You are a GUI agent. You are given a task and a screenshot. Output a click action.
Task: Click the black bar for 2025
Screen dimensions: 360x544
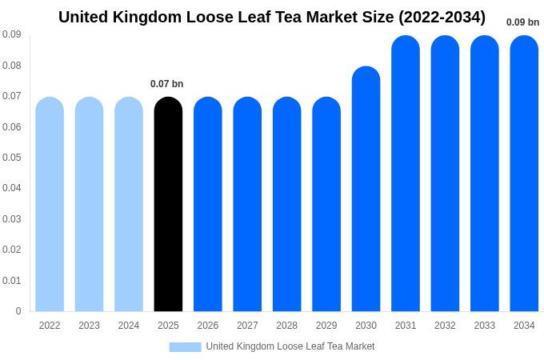168,204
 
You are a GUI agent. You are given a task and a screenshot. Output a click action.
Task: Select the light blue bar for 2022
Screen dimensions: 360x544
50,204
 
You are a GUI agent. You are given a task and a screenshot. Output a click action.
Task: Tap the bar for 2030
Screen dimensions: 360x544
366,189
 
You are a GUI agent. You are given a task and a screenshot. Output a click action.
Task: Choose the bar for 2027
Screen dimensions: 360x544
247,204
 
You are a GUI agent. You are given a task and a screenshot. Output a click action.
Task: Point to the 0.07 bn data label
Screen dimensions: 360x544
166,84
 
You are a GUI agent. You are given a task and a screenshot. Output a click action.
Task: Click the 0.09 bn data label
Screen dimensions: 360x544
522,22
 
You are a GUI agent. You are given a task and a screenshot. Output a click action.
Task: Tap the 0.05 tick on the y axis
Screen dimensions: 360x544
12,158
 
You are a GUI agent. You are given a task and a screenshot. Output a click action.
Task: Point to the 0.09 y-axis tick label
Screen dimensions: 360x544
12,34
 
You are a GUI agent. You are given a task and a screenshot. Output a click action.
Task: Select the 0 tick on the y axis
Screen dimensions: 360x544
18,311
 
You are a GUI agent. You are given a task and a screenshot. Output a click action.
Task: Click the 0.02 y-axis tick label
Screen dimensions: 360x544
12,250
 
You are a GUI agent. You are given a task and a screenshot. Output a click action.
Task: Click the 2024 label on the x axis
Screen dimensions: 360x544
129,326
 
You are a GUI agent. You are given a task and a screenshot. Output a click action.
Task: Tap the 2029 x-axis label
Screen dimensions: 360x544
326,326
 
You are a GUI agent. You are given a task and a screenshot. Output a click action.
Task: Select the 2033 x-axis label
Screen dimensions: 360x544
485,326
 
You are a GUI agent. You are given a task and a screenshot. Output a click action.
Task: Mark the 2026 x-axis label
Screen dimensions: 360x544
208,326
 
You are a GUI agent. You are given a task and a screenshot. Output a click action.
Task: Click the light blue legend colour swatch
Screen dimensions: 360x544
185,347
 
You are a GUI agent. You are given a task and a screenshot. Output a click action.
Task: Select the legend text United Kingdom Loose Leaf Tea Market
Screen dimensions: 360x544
290,346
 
